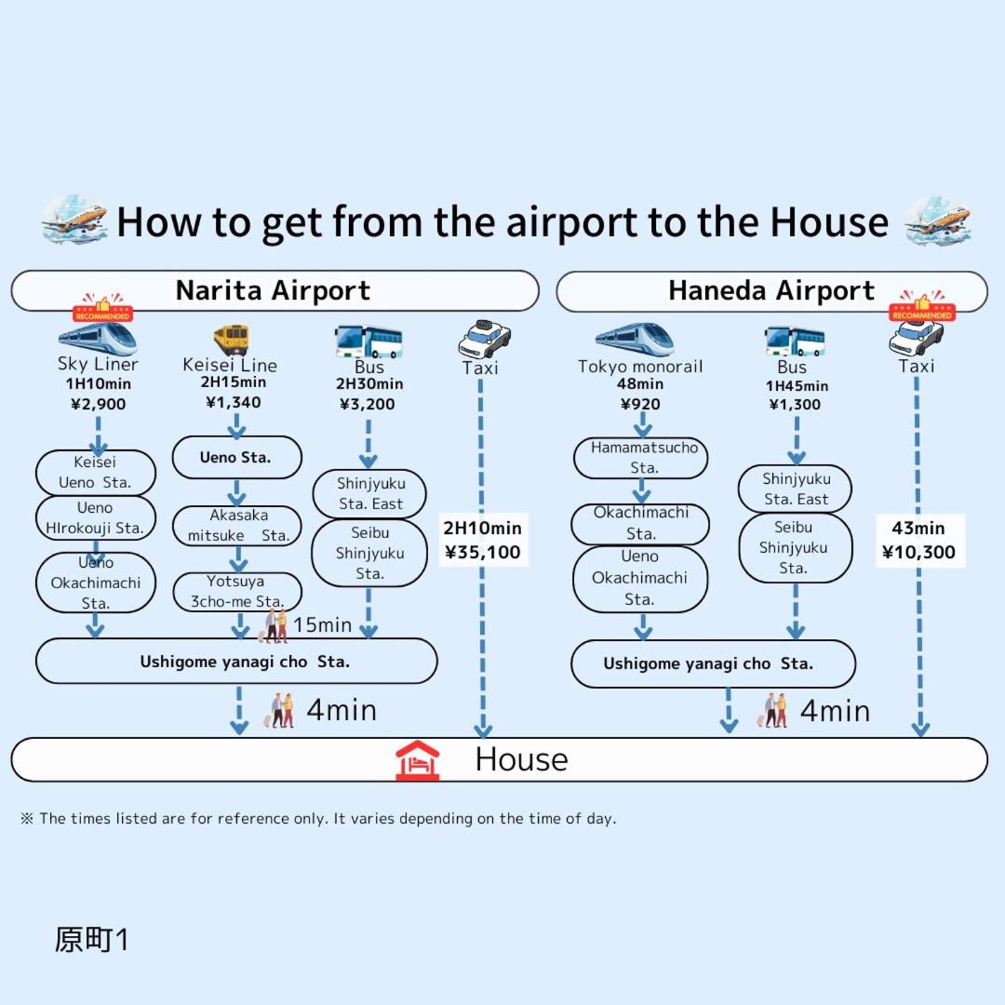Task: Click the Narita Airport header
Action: tap(274, 290)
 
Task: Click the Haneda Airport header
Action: tap(771, 291)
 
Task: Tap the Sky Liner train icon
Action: tap(97, 339)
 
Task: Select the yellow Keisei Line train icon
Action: tap(231, 339)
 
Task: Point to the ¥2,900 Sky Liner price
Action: tap(98, 404)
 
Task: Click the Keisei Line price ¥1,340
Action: tap(233, 402)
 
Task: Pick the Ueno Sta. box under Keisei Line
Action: tap(236, 457)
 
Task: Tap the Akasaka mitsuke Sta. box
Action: tap(237, 526)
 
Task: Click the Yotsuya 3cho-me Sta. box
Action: tap(237, 592)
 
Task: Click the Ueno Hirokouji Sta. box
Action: tap(95, 518)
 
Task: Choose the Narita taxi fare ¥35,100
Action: tap(482, 552)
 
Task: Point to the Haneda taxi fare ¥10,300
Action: tap(918, 552)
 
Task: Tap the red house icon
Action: tap(417, 759)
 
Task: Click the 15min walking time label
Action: tap(322, 625)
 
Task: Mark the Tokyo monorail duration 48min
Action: tap(639, 384)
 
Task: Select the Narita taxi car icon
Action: tap(484, 339)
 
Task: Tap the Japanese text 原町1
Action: tap(91, 940)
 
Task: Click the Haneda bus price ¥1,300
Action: tap(795, 404)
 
